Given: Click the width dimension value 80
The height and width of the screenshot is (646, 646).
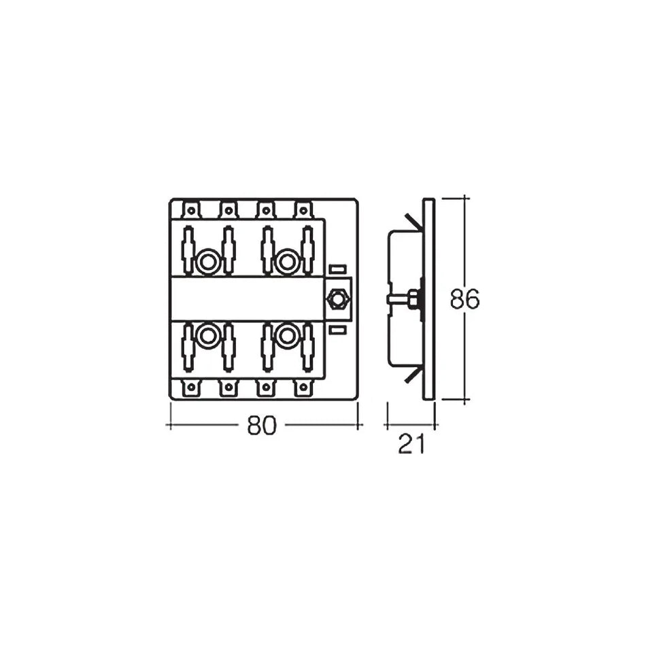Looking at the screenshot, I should [263, 426].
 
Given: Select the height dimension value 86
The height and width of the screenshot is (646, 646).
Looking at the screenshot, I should [465, 299].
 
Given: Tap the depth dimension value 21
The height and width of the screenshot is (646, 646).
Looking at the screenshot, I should [411, 445].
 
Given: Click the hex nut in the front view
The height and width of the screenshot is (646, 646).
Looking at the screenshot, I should [336, 299].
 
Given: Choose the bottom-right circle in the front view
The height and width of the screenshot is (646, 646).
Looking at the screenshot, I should [286, 335].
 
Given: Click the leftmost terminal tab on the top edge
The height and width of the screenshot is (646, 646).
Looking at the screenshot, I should [190, 209].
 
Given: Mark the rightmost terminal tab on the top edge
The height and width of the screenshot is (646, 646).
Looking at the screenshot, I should [303, 209].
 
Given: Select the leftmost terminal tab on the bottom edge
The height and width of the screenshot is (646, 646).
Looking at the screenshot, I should [190, 389].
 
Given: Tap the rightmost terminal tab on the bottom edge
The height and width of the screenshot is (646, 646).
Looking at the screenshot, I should [303, 389].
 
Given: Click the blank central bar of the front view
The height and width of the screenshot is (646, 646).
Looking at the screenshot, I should [248, 299].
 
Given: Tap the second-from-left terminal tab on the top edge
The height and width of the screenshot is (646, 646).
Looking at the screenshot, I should [228, 209].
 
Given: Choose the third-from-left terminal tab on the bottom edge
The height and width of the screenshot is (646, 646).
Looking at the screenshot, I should [265, 389].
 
